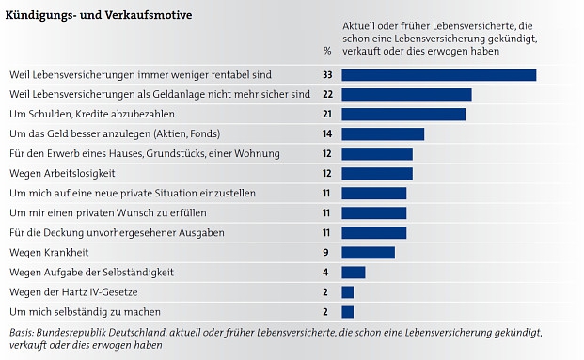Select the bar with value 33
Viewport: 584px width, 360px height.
(x=438, y=74)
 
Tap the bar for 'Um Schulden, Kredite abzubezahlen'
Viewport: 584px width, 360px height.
(x=402, y=114)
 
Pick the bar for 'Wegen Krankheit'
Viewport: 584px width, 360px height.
(x=368, y=252)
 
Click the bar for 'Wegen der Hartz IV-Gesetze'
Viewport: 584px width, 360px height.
(x=347, y=291)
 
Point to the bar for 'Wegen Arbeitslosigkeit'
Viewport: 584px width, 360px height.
(x=376, y=173)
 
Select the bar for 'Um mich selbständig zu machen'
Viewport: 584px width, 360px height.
(x=347, y=311)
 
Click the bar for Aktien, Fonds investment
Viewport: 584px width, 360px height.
(x=382, y=133)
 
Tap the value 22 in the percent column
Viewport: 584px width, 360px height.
(x=327, y=94)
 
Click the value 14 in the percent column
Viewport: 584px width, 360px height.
(x=327, y=133)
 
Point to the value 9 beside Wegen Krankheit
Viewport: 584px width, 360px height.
(x=325, y=252)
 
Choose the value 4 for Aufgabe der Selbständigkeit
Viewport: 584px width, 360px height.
(x=325, y=272)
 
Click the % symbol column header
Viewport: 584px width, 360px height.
(x=327, y=51)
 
